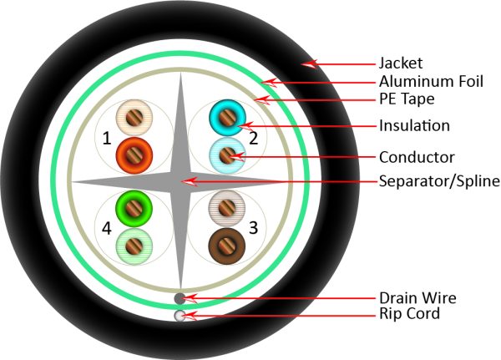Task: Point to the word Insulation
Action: point(414,126)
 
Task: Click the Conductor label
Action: point(417,156)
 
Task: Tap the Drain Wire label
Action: point(417,297)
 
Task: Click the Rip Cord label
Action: point(410,315)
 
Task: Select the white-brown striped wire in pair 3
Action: point(226,207)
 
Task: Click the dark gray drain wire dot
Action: point(180,297)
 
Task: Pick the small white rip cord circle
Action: point(180,315)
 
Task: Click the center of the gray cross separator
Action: point(180,180)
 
